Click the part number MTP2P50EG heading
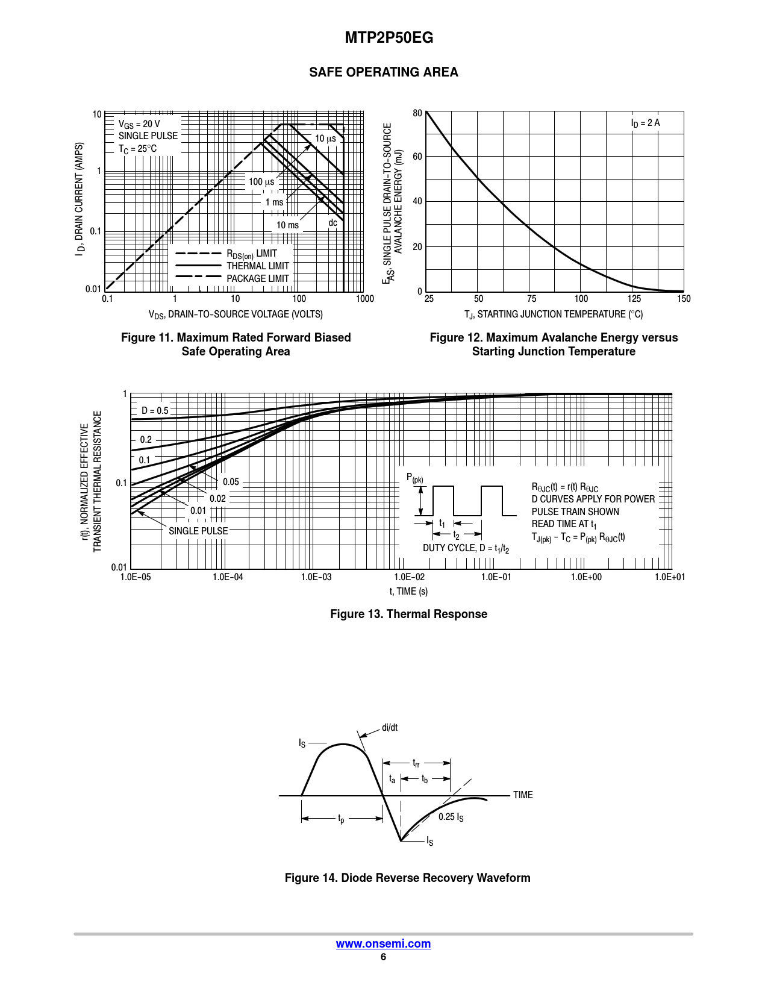coord(389,37)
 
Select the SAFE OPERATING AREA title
coord(383,72)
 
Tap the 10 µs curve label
coord(325,139)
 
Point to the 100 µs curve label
coord(261,182)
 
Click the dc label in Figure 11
coord(332,223)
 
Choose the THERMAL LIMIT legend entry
coord(258,266)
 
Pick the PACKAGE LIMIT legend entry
coord(258,278)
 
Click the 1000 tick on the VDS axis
coord(364,299)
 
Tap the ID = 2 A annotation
coord(645,123)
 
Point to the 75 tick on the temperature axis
coord(531,299)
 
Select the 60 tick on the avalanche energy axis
coord(417,157)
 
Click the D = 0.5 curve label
coord(155,411)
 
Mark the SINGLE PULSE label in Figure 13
coord(198,531)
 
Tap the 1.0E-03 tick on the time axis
coord(316,577)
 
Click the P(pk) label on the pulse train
coord(415,478)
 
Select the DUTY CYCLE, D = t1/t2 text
coord(466,548)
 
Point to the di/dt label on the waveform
coord(390,727)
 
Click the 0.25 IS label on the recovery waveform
coord(451,817)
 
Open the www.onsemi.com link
coord(383,943)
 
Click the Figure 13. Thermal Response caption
coord(408,614)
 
